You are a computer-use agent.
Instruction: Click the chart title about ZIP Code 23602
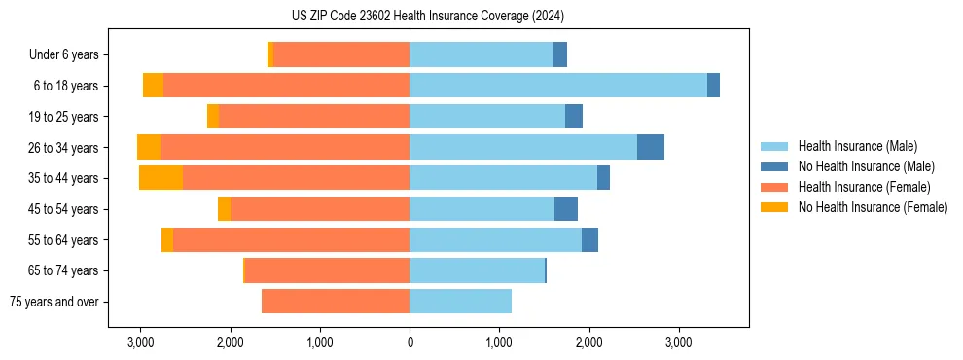427,17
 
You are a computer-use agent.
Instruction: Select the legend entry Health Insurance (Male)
857,146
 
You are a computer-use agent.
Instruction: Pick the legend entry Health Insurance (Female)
864,187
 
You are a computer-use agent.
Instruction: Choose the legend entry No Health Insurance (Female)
873,207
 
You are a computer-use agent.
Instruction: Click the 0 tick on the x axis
410,342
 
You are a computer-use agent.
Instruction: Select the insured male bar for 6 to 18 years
558,86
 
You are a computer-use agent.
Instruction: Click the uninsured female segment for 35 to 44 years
160,178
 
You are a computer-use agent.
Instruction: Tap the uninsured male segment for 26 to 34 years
651,147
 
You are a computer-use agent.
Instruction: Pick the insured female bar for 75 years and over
336,302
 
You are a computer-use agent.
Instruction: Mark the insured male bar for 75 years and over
460,302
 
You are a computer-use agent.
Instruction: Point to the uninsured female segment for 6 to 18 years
153,86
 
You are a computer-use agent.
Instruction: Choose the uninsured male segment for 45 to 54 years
566,209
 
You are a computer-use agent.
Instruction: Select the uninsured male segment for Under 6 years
559,55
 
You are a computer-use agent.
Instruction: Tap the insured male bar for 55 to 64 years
495,240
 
